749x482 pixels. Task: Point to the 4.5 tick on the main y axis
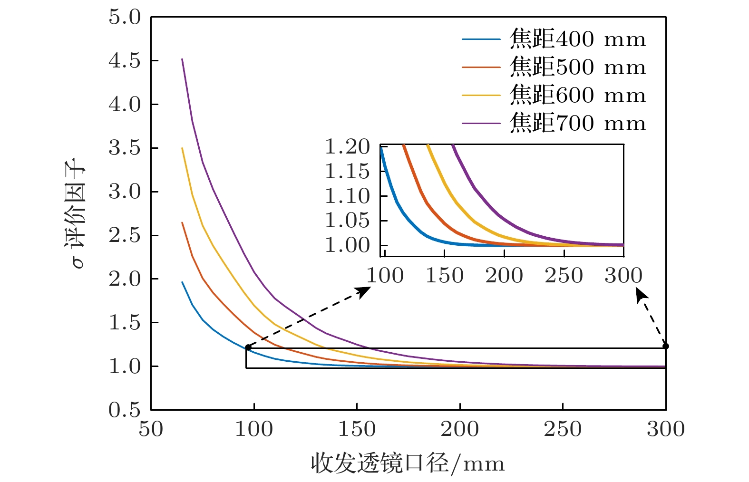click(125, 61)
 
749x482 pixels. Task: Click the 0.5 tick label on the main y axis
click(125, 410)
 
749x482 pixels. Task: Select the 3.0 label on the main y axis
click(125, 192)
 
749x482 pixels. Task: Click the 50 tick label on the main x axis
click(151, 429)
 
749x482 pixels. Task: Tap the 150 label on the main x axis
click(357, 429)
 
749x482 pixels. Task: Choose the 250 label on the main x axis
click(563, 429)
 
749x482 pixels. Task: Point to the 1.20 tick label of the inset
click(347, 147)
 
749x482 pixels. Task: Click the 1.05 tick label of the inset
click(347, 221)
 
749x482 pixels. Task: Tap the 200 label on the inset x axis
click(504, 276)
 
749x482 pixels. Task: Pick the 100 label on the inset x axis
click(385, 276)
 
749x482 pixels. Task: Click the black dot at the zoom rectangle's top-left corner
click(248, 347)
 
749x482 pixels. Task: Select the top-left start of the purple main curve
click(182, 59)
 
